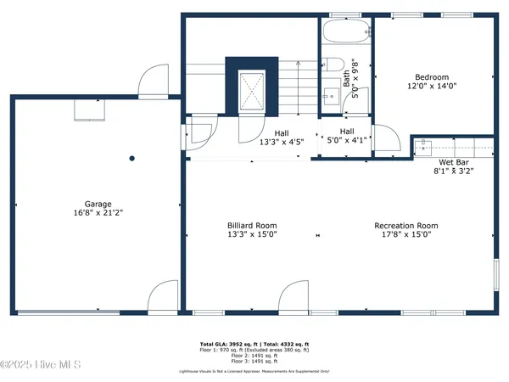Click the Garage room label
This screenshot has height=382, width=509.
click(x=98, y=205)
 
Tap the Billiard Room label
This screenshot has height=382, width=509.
click(x=252, y=226)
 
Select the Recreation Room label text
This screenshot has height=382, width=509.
click(x=406, y=226)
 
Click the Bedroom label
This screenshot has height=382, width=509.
click(x=432, y=77)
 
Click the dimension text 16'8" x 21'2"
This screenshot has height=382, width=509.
click(x=98, y=214)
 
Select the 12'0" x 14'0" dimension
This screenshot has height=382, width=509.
click(x=432, y=87)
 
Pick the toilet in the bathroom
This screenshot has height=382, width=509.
click(x=332, y=66)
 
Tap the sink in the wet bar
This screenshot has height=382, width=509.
click(x=424, y=145)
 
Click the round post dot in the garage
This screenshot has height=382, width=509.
click(x=131, y=158)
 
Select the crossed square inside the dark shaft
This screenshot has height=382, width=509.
click(x=252, y=87)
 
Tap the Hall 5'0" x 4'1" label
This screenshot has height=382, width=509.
click(x=347, y=136)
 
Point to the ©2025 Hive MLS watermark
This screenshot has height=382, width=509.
click(x=41, y=365)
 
